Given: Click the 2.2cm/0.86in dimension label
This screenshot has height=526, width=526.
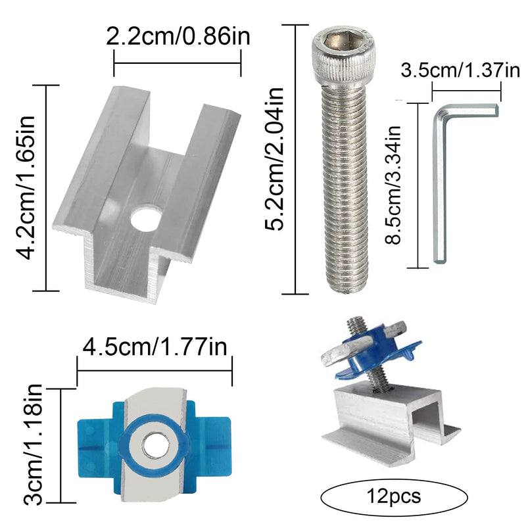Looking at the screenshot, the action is (178, 36).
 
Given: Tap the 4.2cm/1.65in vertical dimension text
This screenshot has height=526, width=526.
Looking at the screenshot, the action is (26, 188).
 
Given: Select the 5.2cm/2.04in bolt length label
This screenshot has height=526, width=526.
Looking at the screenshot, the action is (274, 158).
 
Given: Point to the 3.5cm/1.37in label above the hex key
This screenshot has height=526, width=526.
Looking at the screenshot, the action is (460, 70).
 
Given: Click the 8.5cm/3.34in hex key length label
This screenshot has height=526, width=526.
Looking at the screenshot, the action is (393, 185).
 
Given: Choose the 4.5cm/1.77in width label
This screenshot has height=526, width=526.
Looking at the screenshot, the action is (155, 347).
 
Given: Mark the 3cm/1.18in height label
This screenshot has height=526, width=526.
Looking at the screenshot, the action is (33, 444).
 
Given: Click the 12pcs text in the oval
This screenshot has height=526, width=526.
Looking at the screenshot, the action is (394, 496).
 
